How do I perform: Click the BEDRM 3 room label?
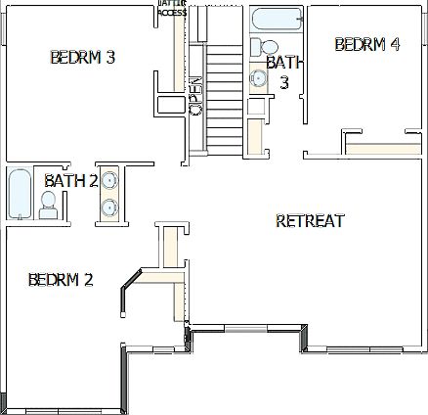(x=83, y=58)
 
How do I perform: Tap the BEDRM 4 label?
(x=366, y=44)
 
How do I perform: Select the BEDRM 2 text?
(x=61, y=280)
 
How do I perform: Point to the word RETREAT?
(x=310, y=220)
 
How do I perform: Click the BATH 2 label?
(x=71, y=180)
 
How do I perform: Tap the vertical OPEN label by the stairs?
(x=195, y=97)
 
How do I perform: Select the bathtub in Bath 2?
(x=19, y=195)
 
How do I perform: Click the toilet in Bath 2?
(x=49, y=204)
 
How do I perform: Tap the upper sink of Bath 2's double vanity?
(x=110, y=180)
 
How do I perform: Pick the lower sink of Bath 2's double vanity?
(x=110, y=207)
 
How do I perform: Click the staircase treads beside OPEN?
(x=224, y=98)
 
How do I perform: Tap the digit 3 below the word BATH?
(x=284, y=82)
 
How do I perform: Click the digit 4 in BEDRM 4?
(x=395, y=44)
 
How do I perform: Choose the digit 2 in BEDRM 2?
(x=88, y=280)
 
